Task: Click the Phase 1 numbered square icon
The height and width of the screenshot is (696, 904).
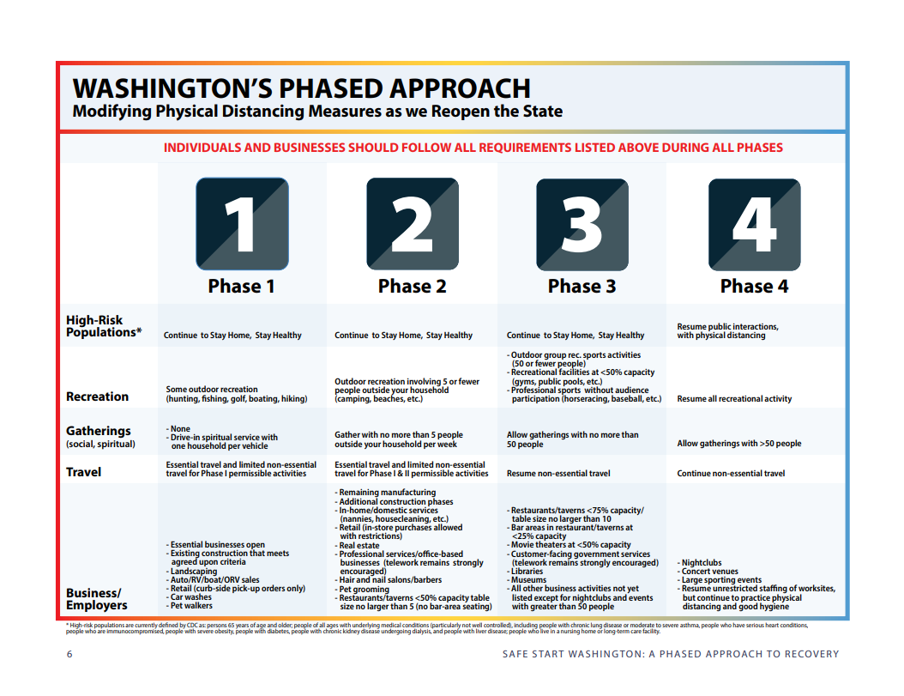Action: (242, 224)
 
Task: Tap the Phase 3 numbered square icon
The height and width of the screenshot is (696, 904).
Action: (582, 225)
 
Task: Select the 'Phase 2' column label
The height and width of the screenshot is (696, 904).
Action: (413, 287)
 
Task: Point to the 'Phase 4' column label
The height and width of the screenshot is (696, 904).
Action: (754, 287)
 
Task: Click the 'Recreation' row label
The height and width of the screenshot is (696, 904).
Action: (98, 396)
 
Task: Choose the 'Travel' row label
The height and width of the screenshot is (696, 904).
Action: (83, 472)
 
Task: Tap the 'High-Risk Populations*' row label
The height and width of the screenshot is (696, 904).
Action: (104, 326)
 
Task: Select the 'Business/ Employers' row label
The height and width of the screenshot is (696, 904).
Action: (97, 599)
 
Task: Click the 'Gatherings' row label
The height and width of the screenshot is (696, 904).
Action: (99, 431)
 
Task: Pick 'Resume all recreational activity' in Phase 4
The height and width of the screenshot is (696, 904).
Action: (734, 399)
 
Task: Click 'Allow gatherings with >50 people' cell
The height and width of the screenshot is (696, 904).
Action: (739, 443)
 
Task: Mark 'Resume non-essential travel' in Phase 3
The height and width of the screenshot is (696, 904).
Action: (558, 473)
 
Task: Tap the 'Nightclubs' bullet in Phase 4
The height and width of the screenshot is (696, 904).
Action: (699, 563)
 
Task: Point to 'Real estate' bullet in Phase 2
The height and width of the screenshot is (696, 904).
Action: (357, 545)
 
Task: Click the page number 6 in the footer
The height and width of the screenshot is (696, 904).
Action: (69, 654)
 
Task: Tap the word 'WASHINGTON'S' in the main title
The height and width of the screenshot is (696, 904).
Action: (172, 89)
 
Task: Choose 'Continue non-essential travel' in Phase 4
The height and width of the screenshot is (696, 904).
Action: (731, 473)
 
